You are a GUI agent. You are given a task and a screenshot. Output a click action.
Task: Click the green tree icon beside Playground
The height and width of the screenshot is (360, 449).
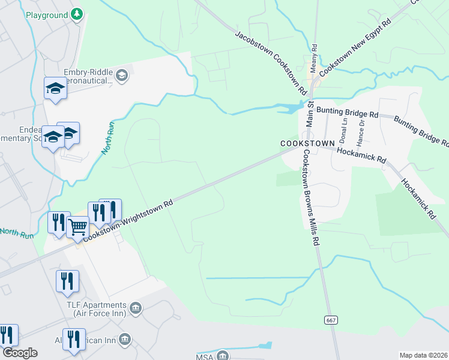tap(76, 14)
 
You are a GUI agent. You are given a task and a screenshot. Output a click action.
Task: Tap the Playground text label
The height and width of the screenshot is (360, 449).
tap(47, 14)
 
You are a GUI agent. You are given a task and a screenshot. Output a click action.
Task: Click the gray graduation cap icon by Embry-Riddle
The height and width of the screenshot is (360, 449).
tap(122, 75)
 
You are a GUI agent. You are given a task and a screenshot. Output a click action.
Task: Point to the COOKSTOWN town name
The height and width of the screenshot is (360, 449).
tap(306, 144)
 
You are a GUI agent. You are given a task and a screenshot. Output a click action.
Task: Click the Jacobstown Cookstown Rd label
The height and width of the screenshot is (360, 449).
tap(271, 63)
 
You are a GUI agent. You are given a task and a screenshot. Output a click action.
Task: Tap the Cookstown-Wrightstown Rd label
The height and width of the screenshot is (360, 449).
tap(128, 220)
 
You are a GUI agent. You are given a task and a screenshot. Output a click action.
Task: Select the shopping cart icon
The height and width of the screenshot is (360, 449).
tap(78, 229)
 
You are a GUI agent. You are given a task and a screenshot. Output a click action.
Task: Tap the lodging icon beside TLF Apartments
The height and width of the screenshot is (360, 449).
tap(136, 308)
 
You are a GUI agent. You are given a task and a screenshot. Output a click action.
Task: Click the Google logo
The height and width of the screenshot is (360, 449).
tap(19, 353)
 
